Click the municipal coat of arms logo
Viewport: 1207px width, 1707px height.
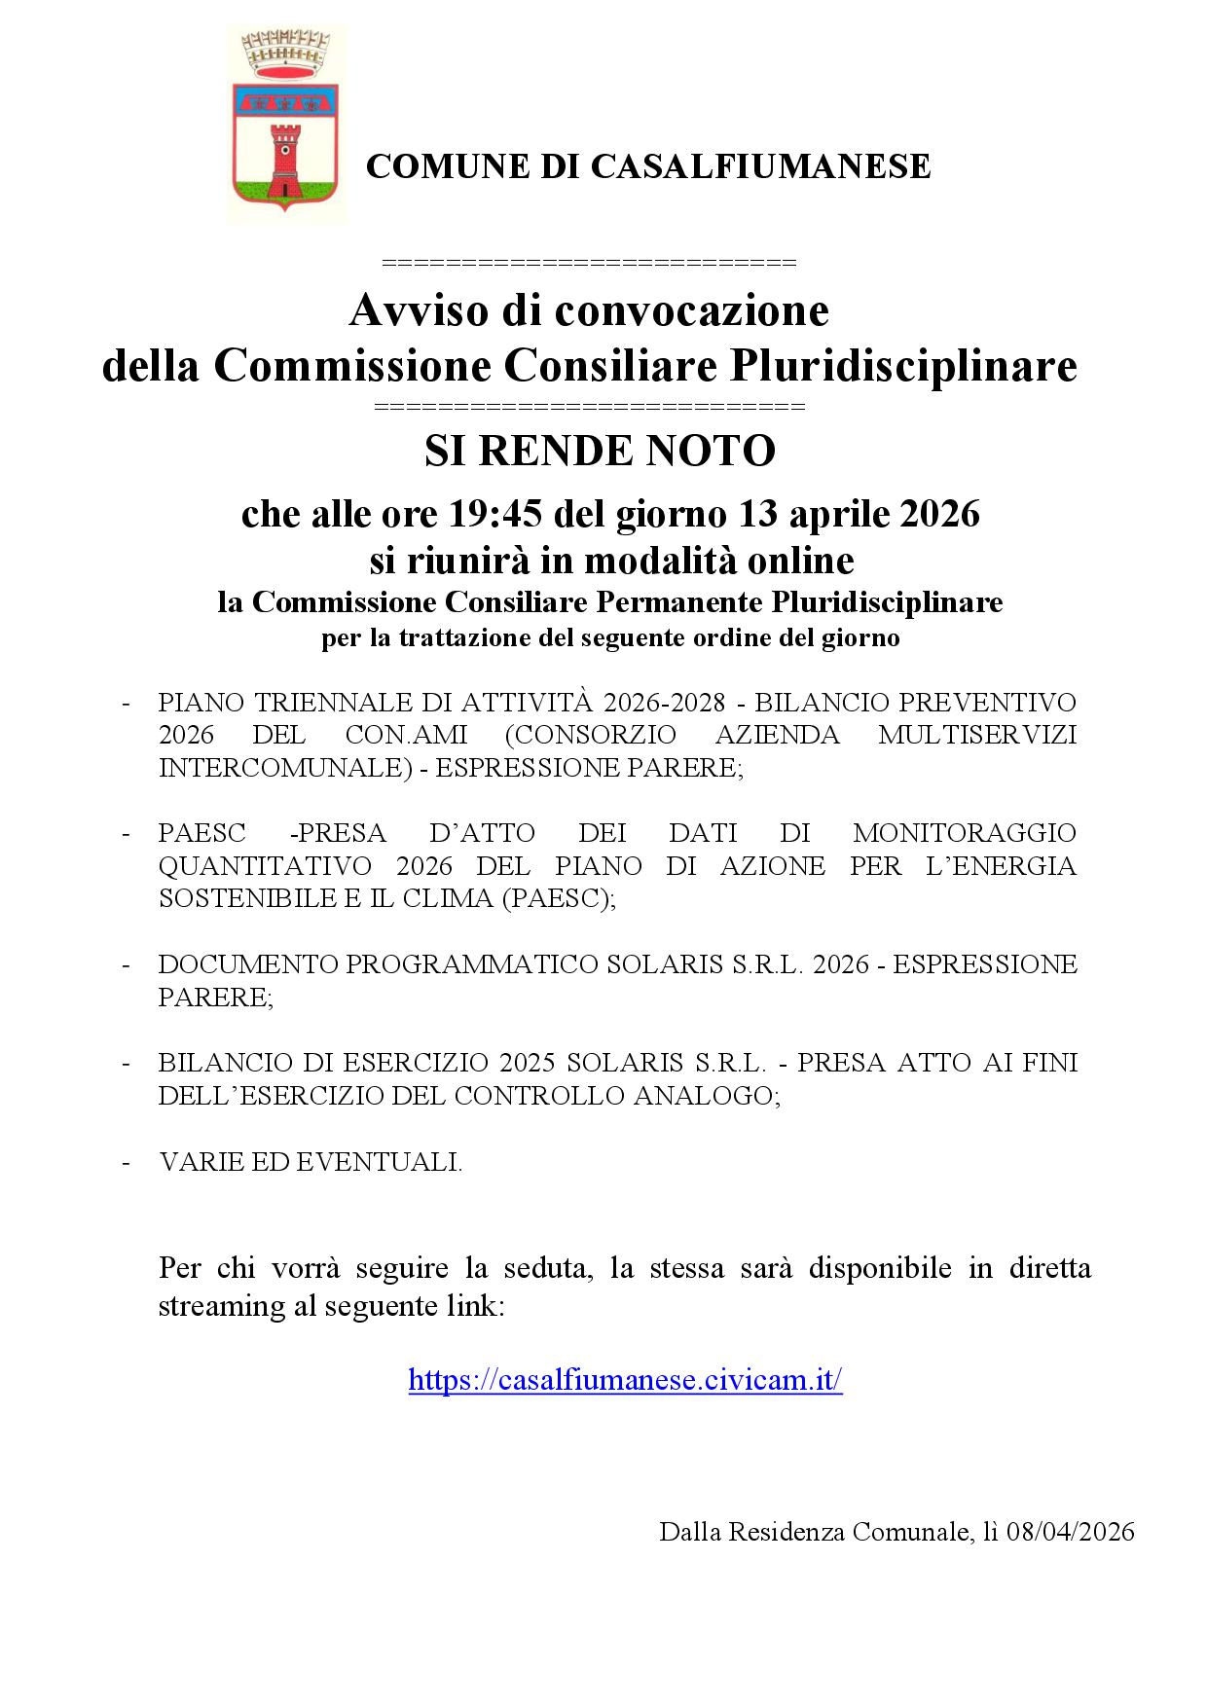pyautogui.click(x=286, y=125)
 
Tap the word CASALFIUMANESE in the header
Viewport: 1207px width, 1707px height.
pyautogui.click(x=761, y=166)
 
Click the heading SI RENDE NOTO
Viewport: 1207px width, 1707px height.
pyautogui.click(x=600, y=451)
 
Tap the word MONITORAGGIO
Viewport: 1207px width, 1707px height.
pyautogui.click(x=965, y=834)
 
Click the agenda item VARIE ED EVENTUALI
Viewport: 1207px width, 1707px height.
pyautogui.click(x=311, y=1162)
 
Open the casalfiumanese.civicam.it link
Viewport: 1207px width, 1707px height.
pyautogui.click(x=625, y=1380)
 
